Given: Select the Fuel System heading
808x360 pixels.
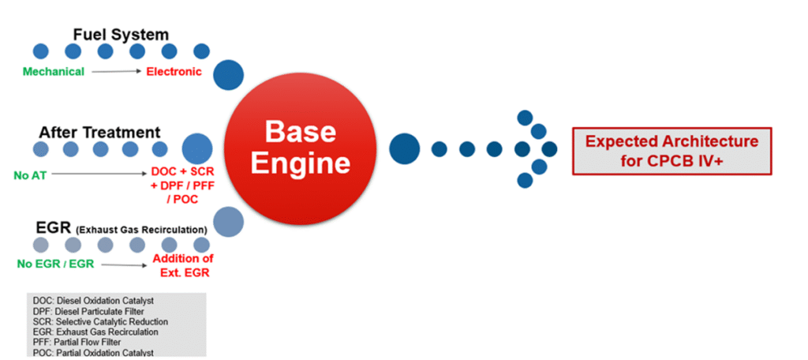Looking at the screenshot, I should [x=121, y=35].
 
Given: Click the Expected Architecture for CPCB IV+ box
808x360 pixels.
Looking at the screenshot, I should [x=671, y=149].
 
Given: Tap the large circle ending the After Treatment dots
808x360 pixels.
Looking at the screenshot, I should [x=197, y=148].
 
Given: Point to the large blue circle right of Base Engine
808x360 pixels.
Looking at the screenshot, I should [x=405, y=148].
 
